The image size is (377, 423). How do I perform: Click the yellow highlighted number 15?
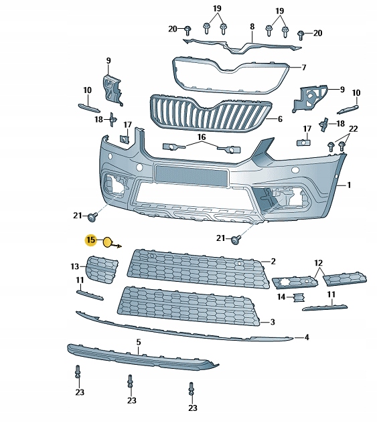(x=90, y=240)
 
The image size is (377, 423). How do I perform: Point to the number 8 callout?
(x=252, y=27)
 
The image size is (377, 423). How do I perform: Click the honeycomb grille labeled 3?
(x=187, y=308)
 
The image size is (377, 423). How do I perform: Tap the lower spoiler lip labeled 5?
(x=141, y=355)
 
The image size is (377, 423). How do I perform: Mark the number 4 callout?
(x=306, y=337)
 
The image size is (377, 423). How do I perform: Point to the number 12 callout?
(x=319, y=263)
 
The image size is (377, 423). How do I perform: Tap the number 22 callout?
(x=354, y=129)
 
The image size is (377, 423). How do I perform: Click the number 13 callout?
(x=75, y=266)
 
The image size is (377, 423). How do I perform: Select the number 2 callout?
(x=273, y=261)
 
